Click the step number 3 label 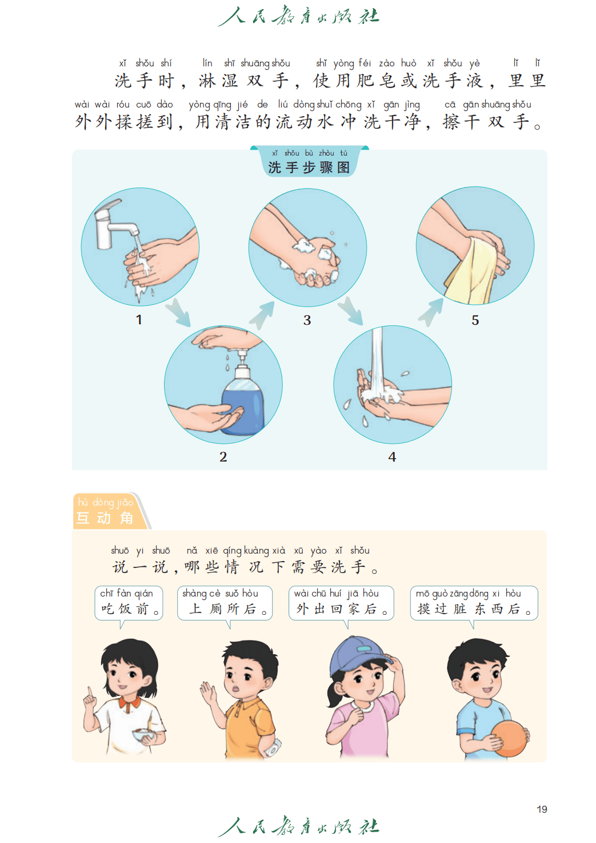click(307, 320)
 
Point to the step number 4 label click(392, 457)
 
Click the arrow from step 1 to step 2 click(178, 312)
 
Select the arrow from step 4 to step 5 click(431, 312)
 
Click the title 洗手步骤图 click(309, 168)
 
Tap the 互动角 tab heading click(105, 518)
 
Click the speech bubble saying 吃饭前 click(129, 603)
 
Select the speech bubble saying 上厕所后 click(225, 603)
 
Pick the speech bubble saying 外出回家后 click(341, 603)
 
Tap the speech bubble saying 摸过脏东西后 click(474, 603)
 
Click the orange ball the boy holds click(509, 738)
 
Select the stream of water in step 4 click(377, 361)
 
